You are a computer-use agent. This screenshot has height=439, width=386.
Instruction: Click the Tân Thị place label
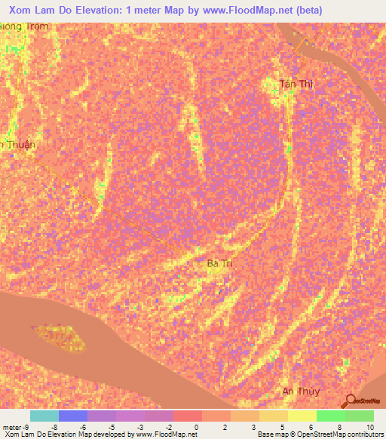[296, 84]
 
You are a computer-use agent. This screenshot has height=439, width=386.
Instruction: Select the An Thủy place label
[301, 391]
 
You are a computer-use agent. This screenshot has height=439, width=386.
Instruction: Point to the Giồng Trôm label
[24, 26]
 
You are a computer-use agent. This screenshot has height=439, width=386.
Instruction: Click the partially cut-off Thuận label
[18, 144]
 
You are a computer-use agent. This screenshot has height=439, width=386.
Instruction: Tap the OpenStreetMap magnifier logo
[349, 401]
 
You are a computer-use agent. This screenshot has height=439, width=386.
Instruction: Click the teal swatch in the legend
[44, 416]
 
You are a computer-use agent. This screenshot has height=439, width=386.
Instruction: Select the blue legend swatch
[73, 416]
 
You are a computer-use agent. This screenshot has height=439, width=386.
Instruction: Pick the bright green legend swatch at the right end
[360, 416]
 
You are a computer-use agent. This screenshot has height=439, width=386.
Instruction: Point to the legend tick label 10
[369, 427]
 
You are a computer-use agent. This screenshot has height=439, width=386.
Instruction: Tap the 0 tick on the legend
[196, 427]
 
